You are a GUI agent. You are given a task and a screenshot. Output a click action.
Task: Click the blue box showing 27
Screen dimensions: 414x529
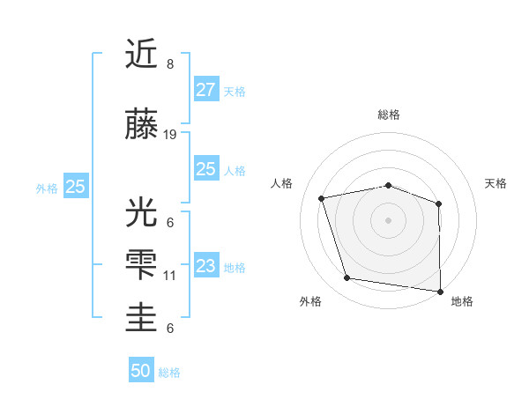pyautogui.click(x=205, y=90)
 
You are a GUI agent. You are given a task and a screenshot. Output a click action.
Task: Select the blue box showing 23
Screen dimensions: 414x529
pyautogui.click(x=205, y=266)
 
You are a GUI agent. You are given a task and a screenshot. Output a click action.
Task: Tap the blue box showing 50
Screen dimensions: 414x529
pyautogui.click(x=141, y=371)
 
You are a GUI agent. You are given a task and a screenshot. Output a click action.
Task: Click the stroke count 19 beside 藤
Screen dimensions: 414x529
pyautogui.click(x=170, y=135)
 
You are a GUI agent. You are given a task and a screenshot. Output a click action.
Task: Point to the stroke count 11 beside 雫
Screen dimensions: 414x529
pyautogui.click(x=170, y=276)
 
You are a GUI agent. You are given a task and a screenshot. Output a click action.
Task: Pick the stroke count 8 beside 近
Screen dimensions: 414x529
pyautogui.click(x=169, y=64)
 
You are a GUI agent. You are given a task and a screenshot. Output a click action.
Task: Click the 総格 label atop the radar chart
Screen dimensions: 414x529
pyautogui.click(x=389, y=115)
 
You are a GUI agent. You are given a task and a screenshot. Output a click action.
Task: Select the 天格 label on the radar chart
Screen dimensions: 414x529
pyautogui.click(x=496, y=183)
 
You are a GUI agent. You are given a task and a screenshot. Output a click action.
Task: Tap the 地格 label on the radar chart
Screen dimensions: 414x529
pyautogui.click(x=462, y=301)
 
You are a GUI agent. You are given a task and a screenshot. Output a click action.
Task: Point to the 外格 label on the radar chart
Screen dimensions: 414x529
pyautogui.click(x=310, y=301)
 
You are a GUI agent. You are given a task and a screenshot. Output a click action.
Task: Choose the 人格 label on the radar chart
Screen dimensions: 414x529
pyautogui.click(x=282, y=183)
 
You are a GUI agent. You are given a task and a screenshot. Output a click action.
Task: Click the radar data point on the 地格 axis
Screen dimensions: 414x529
pyautogui.click(x=441, y=291)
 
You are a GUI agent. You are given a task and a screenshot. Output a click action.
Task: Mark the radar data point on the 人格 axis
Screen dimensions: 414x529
pyautogui.click(x=322, y=198)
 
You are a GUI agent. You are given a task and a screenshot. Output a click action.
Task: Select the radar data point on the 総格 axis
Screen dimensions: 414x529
pyautogui.click(x=389, y=185)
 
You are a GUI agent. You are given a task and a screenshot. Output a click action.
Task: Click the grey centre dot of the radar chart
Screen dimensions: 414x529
pyautogui.click(x=389, y=219)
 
